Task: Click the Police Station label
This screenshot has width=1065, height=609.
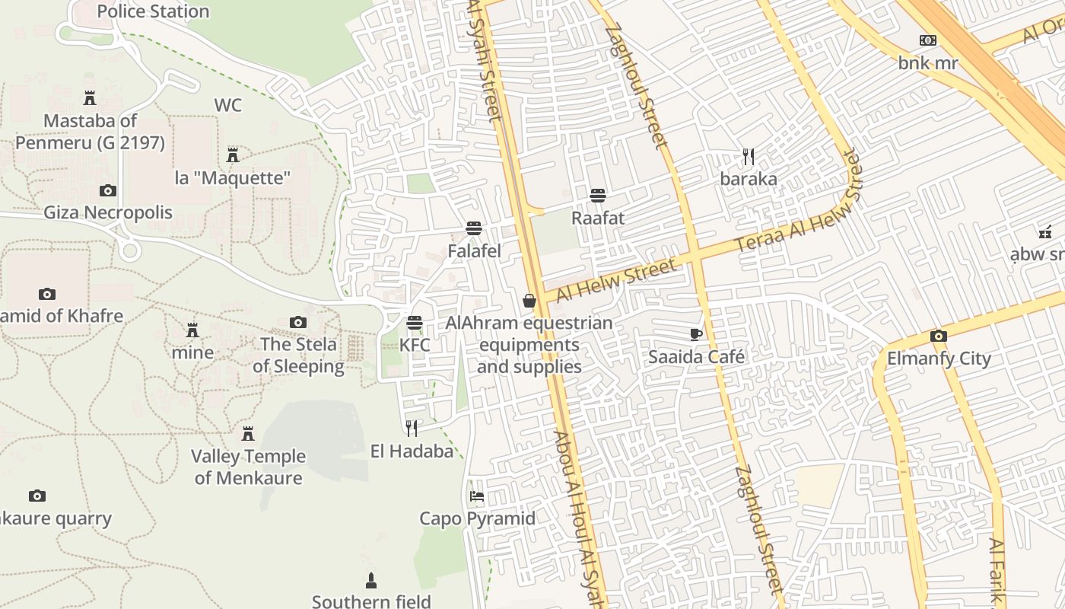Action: tap(153, 11)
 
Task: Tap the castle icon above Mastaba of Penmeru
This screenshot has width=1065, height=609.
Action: tap(90, 97)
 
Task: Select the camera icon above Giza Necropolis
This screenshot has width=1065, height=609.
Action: tap(107, 190)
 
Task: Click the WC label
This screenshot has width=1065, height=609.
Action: tap(227, 105)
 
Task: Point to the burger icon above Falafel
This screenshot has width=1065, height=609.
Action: tap(474, 228)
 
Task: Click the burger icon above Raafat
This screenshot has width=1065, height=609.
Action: tap(598, 196)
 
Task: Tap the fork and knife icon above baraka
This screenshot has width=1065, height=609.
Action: tap(749, 157)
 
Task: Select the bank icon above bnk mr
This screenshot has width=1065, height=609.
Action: tap(927, 40)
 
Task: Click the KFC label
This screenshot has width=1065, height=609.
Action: tap(415, 345)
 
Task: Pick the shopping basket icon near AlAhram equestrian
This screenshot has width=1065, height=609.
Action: tap(529, 301)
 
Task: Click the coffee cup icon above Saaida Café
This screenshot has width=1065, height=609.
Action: tap(695, 333)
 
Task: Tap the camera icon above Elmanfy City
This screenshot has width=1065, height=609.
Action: tap(938, 336)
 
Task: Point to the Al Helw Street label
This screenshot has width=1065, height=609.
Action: tap(615, 280)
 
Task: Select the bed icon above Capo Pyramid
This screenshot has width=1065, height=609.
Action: tap(477, 496)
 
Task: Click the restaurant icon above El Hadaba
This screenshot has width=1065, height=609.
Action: tap(412, 429)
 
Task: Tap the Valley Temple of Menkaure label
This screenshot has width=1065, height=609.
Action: tap(248, 467)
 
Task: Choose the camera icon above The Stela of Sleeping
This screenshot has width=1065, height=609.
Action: tap(298, 322)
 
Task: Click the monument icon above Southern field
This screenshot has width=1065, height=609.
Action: tap(371, 580)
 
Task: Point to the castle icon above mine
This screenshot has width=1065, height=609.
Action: tap(192, 330)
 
